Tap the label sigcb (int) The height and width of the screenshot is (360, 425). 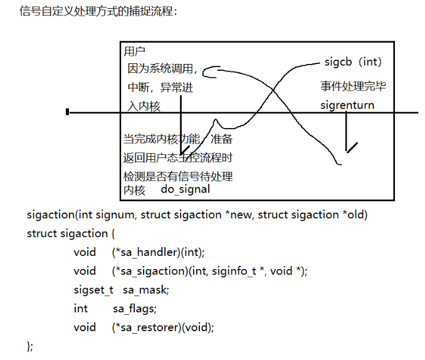pos(353,62)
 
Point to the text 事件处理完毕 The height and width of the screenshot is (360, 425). pos(353,87)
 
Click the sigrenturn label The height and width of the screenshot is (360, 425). pos(347,105)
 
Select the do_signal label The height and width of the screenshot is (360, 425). pos(185,189)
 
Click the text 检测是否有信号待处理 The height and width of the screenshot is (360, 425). pos(182,176)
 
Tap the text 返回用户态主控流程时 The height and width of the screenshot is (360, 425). pos(182,157)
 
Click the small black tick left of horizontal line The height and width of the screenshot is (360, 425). pos(67,112)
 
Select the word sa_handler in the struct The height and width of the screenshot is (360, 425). pos(146,252)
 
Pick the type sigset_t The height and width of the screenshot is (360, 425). pos(93,290)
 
